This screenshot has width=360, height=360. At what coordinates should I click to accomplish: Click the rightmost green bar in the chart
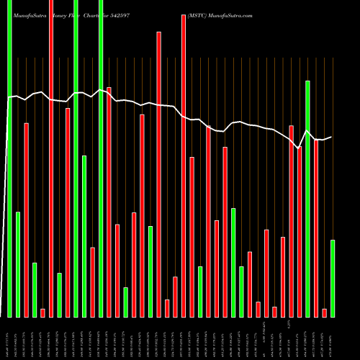333,278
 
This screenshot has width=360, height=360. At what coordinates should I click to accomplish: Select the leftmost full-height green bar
9,158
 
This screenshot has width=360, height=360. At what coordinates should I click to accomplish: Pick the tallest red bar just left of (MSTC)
183,166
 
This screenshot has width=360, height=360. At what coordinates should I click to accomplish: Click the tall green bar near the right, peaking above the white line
307,198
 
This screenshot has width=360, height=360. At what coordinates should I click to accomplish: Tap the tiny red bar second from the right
324,312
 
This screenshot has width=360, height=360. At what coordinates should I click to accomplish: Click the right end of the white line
331,137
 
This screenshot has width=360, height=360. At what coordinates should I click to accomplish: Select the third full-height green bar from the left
101,158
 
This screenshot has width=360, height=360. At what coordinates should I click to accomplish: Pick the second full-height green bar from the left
76,158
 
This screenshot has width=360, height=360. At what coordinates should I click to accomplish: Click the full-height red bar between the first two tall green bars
51,158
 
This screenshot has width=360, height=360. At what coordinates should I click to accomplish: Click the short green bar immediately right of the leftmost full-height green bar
18,264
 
